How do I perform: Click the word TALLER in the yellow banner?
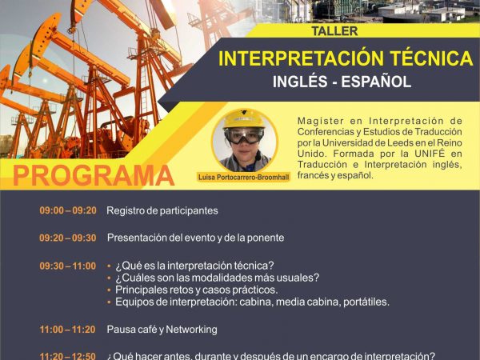coord(334,31)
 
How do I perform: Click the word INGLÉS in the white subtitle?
coord(300,82)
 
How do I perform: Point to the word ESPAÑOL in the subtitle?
coord(376,82)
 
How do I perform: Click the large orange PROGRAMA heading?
coord(94,176)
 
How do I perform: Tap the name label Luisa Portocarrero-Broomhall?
coord(244,178)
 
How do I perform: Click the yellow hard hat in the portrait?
coord(244,119)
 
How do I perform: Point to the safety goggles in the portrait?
coord(244,135)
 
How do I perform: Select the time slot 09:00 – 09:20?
coord(68,210)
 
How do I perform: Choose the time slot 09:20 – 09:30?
coord(68,238)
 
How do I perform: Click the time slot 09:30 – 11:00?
coord(68,266)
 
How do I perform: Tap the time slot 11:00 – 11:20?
coord(68,330)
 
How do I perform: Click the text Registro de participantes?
coord(162,210)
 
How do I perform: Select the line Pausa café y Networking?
coord(162,330)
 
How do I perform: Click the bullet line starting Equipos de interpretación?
coord(252,302)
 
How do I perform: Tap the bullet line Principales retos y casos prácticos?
coord(197,290)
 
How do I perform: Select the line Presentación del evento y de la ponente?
coord(196,238)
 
